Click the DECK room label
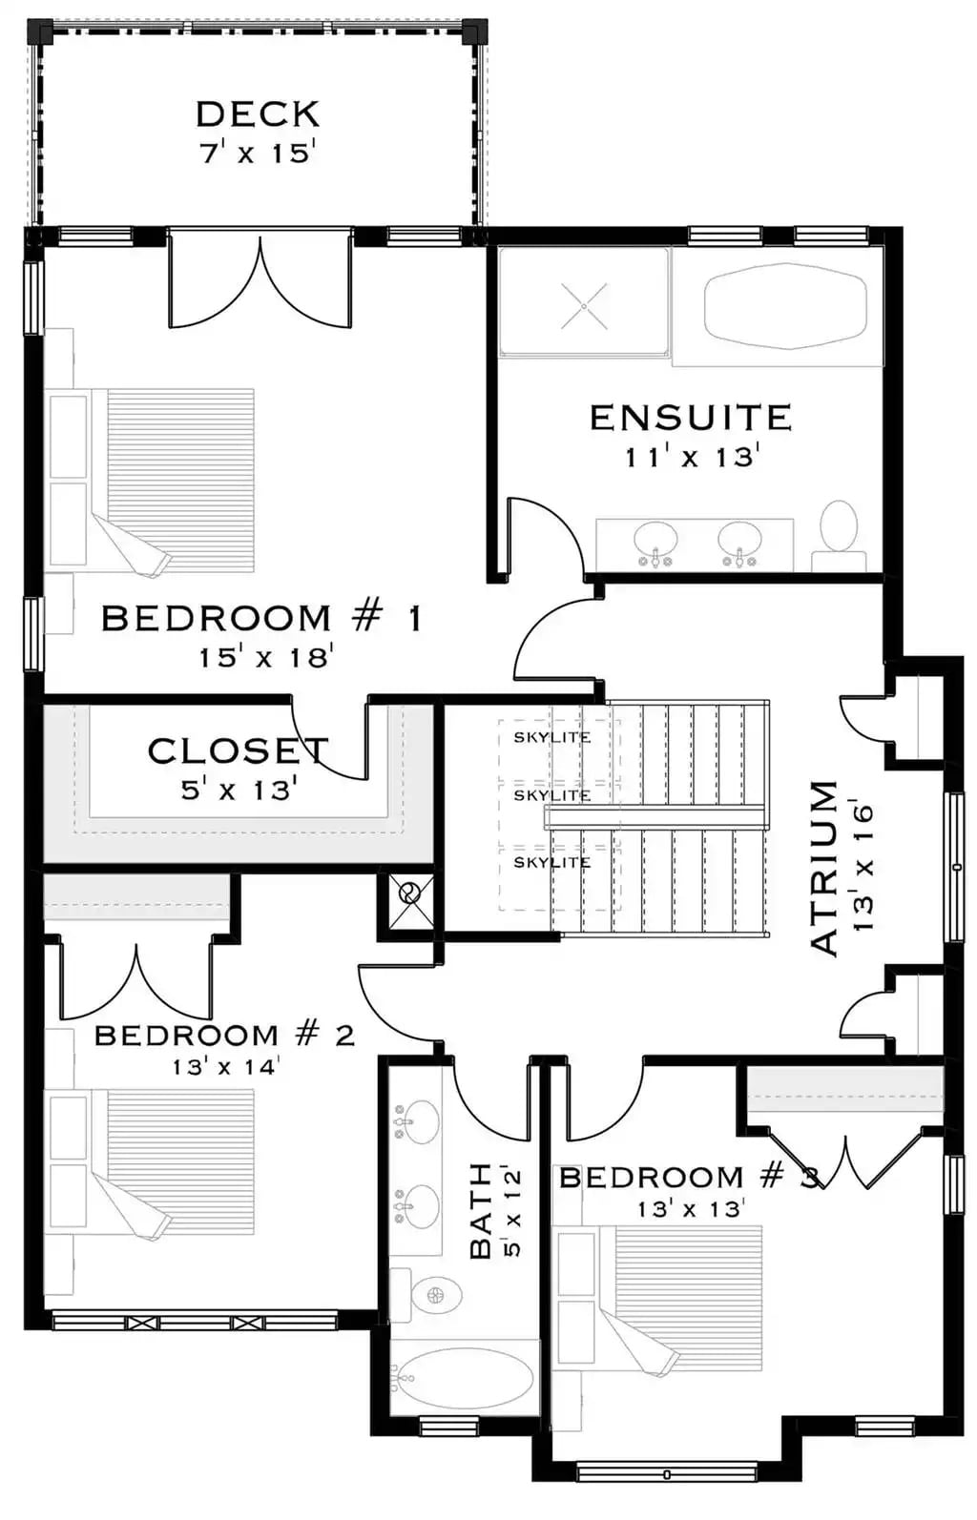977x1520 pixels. (x=258, y=114)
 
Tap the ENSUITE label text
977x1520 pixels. (x=691, y=418)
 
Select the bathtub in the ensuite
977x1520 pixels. (x=784, y=306)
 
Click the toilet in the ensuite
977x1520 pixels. (x=840, y=530)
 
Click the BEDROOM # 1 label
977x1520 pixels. (x=261, y=619)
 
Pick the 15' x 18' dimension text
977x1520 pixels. (x=265, y=657)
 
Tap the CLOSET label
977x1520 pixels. (x=239, y=751)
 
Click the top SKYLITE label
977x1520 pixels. (x=551, y=737)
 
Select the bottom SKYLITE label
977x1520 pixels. (x=551, y=862)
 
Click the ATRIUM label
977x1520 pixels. (x=823, y=868)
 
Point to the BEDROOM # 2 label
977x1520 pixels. (x=225, y=1035)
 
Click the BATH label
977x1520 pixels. (x=481, y=1211)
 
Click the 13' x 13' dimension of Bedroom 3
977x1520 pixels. (x=690, y=1209)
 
